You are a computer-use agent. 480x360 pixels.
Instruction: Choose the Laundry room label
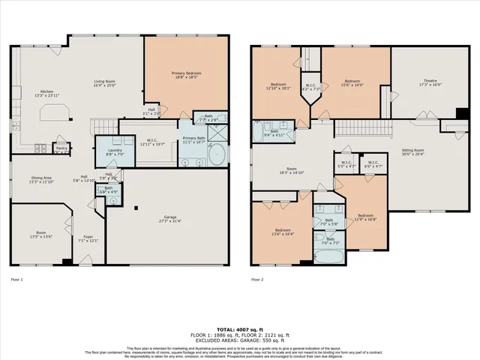(115, 152)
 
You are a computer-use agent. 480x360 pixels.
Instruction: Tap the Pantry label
(61, 148)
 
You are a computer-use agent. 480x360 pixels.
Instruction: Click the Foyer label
(88, 238)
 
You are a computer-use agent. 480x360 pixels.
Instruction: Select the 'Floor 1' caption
(16, 280)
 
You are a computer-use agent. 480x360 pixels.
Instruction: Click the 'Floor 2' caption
(256, 280)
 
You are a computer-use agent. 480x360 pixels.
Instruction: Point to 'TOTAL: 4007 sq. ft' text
(239, 329)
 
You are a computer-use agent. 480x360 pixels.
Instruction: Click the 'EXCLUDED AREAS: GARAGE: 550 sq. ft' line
(239, 341)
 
